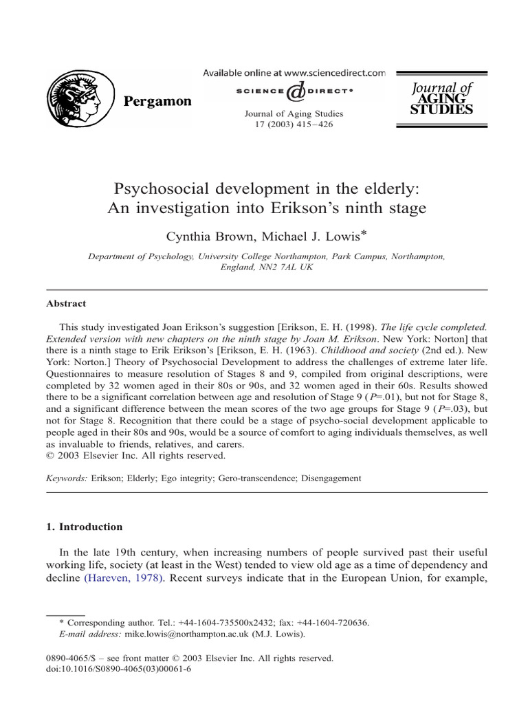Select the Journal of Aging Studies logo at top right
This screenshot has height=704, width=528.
pyautogui.click(x=441, y=98)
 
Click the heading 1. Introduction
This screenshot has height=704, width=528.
pyautogui.click(x=84, y=527)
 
